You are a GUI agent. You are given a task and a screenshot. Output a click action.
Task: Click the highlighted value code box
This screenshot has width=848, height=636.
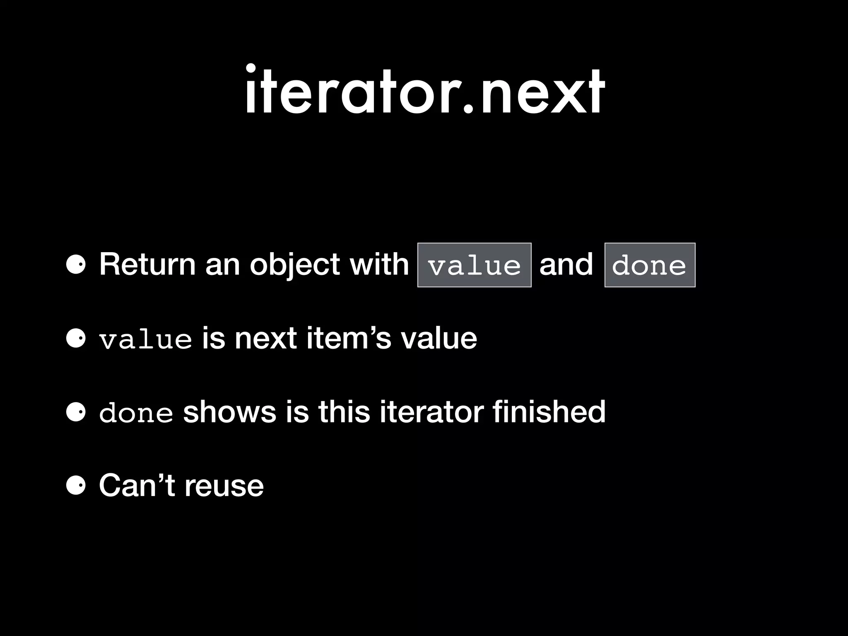pyautogui.click(x=474, y=265)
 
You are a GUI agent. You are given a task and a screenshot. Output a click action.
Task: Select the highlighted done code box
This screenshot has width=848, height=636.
pyautogui.click(x=650, y=265)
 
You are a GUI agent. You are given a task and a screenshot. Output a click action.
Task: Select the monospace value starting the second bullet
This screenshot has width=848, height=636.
pyautogui.click(x=145, y=339)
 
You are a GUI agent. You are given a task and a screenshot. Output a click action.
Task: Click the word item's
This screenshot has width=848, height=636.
pyautogui.click(x=349, y=338)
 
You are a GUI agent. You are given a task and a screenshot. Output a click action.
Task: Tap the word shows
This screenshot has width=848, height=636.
pyautogui.click(x=229, y=412)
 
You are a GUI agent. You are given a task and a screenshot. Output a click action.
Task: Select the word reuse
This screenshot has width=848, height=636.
pyautogui.click(x=224, y=486)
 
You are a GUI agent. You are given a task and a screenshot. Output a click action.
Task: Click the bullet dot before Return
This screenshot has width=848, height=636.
pyautogui.click(x=76, y=265)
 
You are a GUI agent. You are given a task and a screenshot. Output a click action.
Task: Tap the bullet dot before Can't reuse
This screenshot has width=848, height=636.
pyautogui.click(x=76, y=486)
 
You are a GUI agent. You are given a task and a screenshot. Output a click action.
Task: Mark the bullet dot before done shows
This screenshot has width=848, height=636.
pyautogui.click(x=76, y=412)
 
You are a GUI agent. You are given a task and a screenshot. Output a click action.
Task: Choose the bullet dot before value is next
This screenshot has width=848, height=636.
pyautogui.click(x=76, y=339)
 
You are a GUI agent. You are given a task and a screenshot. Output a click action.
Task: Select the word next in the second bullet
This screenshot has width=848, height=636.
pyautogui.click(x=265, y=338)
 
